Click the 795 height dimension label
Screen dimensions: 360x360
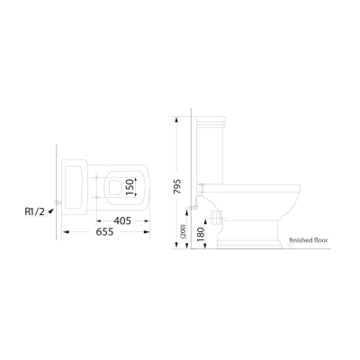click(x=177, y=186)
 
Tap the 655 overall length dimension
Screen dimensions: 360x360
click(x=104, y=232)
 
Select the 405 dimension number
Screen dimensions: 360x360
click(x=122, y=220)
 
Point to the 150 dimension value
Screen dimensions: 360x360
click(x=130, y=186)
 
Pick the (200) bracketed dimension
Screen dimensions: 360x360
click(x=184, y=231)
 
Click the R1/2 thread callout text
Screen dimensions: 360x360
click(x=34, y=211)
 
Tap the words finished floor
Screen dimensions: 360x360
click(x=309, y=240)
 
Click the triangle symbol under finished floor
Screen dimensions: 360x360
click(x=290, y=246)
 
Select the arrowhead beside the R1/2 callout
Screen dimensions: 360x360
click(x=51, y=211)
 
